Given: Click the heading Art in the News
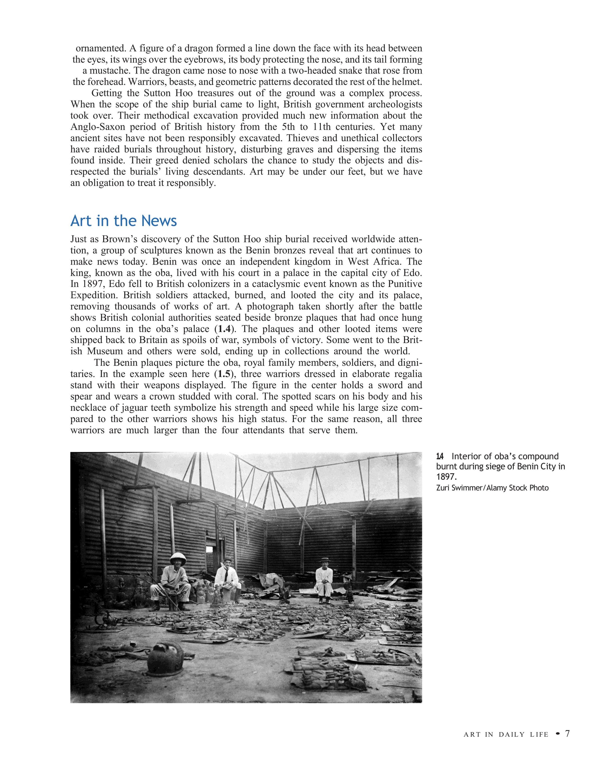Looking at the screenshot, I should pyautogui.click(x=123, y=221).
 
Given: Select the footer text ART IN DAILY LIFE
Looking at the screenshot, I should pyautogui.click(x=506, y=744).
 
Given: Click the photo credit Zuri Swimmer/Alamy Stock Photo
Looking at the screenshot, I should pyautogui.click(x=492, y=488).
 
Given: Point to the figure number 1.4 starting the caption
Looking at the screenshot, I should pyautogui.click(x=440, y=457).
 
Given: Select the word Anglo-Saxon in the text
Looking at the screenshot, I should pyautogui.click(x=93, y=127).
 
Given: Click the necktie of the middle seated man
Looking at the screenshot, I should pyautogui.click(x=226, y=575).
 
